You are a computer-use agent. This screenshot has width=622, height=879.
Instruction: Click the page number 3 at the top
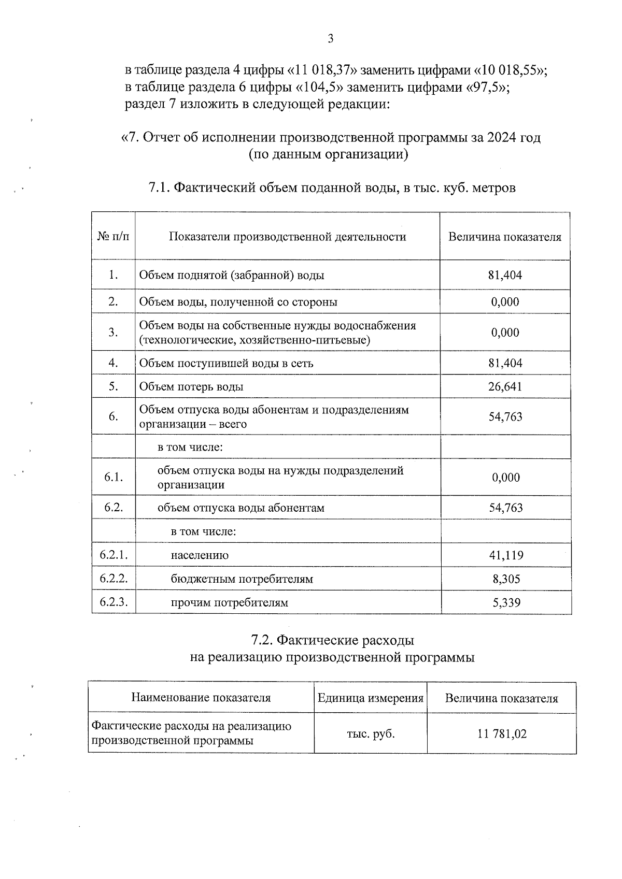point(330,39)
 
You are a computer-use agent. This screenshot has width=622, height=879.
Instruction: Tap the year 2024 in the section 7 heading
point(501,138)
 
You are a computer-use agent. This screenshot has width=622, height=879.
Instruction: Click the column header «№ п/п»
point(114,237)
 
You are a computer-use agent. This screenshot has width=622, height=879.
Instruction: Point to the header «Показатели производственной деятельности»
point(287,237)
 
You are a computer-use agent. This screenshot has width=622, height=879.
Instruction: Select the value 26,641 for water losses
point(505,386)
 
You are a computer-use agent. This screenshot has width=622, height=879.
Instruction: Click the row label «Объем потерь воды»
point(191,386)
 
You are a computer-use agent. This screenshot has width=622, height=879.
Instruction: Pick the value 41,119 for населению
point(506,555)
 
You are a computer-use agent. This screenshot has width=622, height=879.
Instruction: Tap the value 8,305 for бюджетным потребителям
point(506,579)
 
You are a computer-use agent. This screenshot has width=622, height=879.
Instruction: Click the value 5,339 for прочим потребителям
point(506,602)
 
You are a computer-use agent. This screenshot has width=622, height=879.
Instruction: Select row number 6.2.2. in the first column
point(114,579)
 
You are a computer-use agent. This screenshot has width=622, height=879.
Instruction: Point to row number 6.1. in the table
point(114,477)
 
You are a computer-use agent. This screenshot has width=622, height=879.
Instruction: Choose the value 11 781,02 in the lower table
point(501,733)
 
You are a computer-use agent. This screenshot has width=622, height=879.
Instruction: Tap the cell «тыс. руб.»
point(371,733)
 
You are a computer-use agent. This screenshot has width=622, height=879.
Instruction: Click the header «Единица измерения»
point(371,698)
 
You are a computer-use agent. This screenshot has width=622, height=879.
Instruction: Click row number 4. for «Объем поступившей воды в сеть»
point(114,363)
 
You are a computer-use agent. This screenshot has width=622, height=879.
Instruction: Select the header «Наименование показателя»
point(201,698)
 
